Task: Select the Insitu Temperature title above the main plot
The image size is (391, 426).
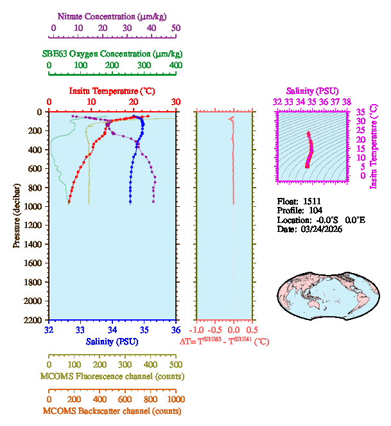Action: tap(112, 91)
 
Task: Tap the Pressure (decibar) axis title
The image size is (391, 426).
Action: tap(17, 216)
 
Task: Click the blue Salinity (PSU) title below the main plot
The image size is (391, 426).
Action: tap(112, 341)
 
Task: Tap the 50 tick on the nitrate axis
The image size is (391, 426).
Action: tap(176, 28)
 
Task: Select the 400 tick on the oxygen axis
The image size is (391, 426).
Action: tap(175, 65)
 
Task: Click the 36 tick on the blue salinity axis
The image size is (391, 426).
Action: tap(175, 330)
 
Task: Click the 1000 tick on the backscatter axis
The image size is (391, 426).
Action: tap(175, 399)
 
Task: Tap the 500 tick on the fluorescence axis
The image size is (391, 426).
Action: tap(175, 364)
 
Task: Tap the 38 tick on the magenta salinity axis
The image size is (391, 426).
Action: tap(347, 102)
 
